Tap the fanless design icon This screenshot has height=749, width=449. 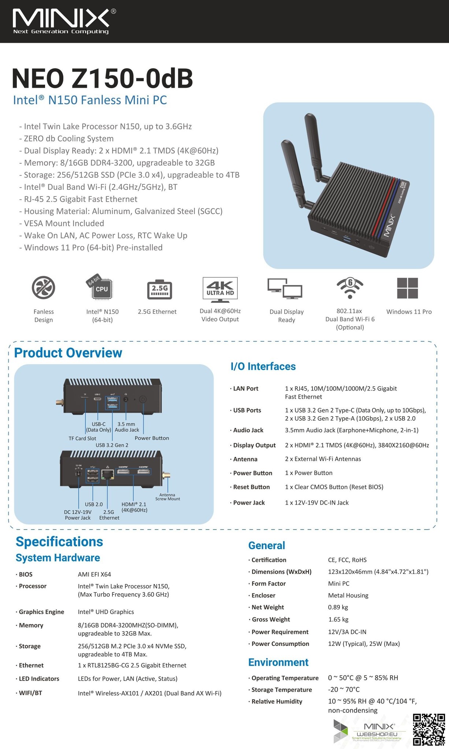coord(44,287)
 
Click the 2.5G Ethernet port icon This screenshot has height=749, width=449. coord(160,290)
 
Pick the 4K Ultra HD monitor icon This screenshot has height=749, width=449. coord(220,290)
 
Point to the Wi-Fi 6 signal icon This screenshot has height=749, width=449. coord(350,287)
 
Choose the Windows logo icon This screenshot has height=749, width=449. coord(407,288)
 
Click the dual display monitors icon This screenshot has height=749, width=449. coord(285,289)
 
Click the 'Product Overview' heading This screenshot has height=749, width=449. coord(68,353)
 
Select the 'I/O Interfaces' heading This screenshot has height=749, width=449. coord(263,366)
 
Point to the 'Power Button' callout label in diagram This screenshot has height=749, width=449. coord(152,438)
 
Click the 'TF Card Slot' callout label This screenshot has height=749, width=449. coord(82,439)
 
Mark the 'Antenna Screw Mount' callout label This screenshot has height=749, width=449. coord(168,497)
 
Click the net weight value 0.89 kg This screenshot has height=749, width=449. coord(338,607)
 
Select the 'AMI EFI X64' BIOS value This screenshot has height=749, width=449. coord(94,574)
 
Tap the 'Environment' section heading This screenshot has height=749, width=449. coord(278,662)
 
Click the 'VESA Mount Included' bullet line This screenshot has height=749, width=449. coord(62,223)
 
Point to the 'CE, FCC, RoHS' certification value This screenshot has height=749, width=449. coord(347,560)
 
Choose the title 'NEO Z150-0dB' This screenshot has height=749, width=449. coord(103,78)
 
